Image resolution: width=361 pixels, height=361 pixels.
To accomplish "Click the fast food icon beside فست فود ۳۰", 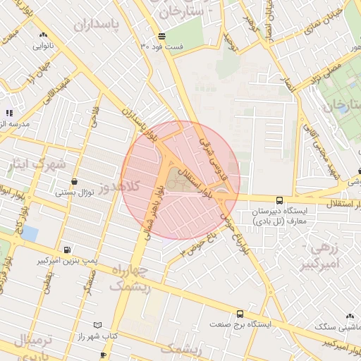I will [x=162, y=36].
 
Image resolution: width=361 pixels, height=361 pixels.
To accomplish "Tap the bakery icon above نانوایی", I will [x=44, y=35].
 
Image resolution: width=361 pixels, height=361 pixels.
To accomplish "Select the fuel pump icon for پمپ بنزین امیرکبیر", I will [x=67, y=250].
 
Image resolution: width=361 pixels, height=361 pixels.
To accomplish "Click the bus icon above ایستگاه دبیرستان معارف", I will [x=280, y=200].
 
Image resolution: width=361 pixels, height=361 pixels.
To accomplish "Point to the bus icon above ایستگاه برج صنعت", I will [x=240, y=314].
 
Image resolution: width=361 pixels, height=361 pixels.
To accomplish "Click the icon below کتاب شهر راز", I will [x=103, y=354].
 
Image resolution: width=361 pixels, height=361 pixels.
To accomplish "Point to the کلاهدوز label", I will [x=121, y=186].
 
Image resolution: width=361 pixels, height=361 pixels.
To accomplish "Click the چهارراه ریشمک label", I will [x=129, y=278].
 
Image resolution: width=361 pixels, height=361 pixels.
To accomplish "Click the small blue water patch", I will [x=29, y=233].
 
